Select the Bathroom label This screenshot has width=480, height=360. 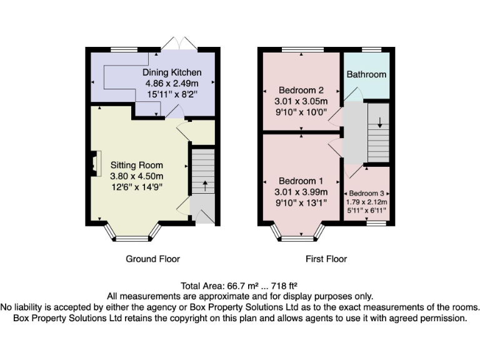pos(366,74)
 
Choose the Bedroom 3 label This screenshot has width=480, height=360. pos(367,193)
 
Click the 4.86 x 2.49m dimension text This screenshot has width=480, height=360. pos(172,84)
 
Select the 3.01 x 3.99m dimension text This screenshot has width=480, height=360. pos(301,192)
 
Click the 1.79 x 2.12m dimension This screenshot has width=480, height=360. pos(367,202)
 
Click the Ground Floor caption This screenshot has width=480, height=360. pos(152,259)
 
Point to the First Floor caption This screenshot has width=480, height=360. pos(326,259)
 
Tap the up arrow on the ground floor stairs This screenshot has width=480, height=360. pos(204,186)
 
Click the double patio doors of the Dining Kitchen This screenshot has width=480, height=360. pos(179,44)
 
